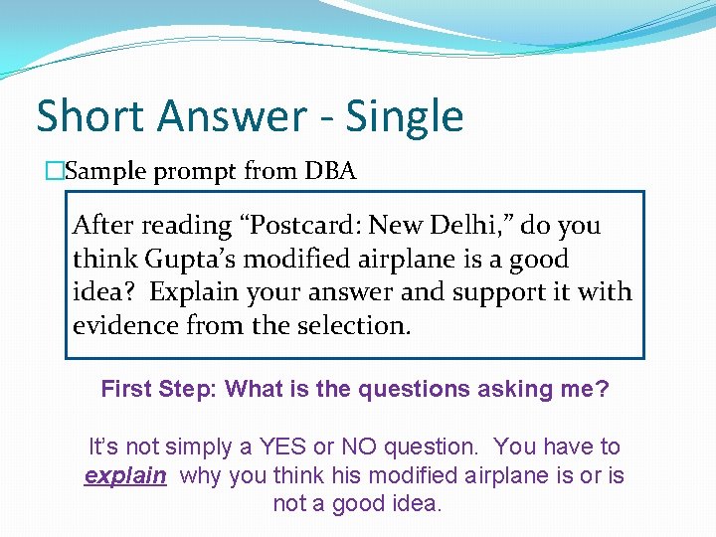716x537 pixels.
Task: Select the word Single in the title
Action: click(405, 116)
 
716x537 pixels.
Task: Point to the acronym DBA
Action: click(330, 171)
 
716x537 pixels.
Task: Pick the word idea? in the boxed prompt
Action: click(106, 292)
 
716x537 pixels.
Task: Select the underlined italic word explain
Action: click(125, 476)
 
